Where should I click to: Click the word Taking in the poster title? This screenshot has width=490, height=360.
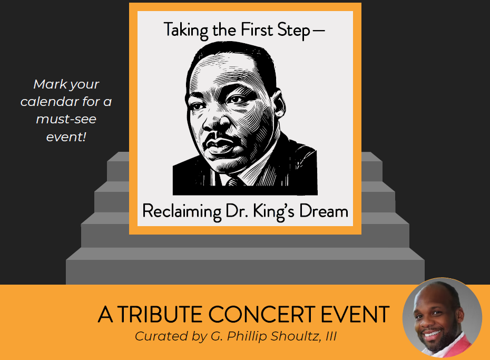click(185, 31)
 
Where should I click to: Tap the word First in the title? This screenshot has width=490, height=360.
click(256, 30)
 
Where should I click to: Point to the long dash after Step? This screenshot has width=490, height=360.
click(319, 31)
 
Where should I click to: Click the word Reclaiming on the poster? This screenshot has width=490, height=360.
click(182, 211)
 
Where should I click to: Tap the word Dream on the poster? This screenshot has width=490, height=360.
click(324, 211)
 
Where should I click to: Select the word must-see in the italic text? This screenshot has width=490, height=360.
click(66, 119)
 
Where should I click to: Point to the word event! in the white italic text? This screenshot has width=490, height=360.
click(66, 137)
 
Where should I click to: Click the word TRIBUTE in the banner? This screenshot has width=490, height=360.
click(159, 314)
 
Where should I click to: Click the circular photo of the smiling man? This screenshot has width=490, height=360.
click(442, 317)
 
